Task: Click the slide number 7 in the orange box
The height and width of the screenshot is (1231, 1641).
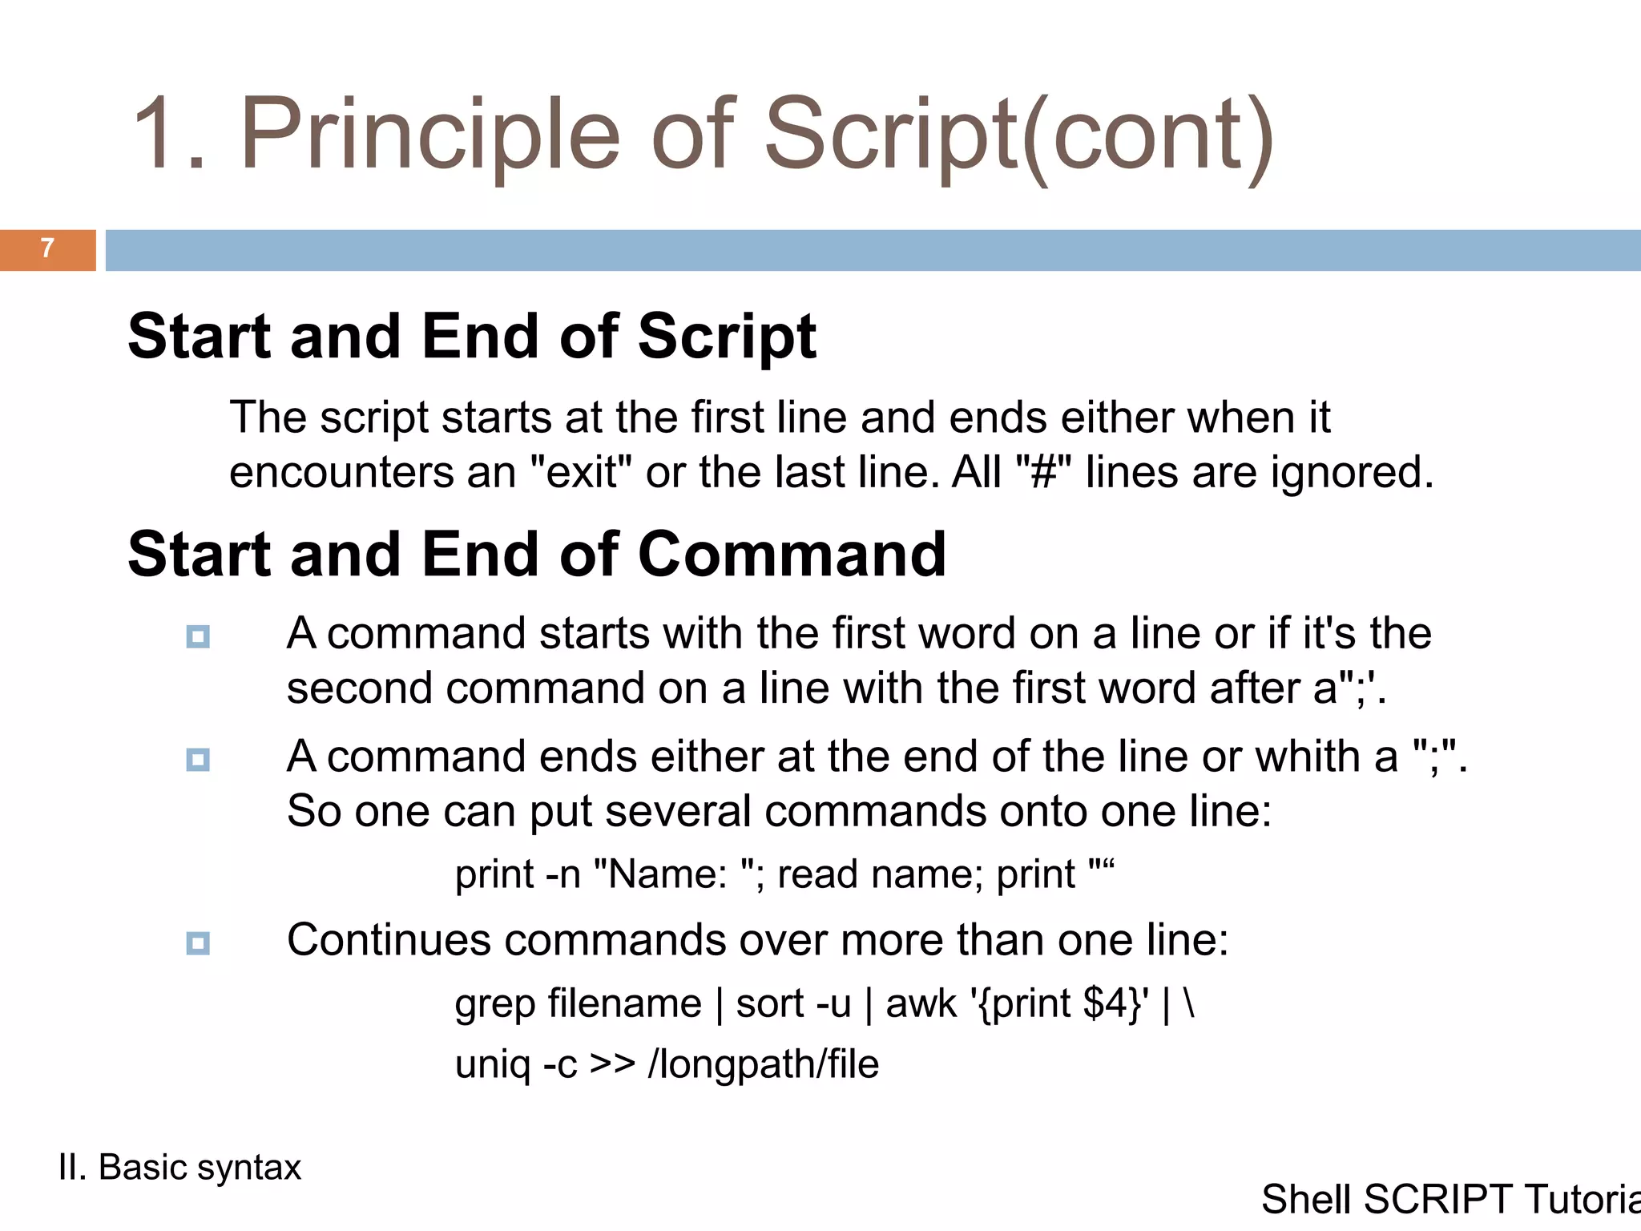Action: click(x=47, y=248)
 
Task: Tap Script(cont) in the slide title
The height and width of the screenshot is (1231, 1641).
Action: click(x=1018, y=134)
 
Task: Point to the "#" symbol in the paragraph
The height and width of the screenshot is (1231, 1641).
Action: click(x=1042, y=471)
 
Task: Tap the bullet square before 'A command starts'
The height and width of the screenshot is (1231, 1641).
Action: click(x=198, y=637)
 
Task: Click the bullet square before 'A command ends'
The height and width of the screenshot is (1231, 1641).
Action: click(x=198, y=760)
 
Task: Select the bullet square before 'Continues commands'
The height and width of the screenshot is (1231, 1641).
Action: click(x=198, y=943)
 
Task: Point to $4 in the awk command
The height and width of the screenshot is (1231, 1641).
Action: click(x=1105, y=1003)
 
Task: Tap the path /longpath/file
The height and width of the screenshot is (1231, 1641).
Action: click(x=763, y=1065)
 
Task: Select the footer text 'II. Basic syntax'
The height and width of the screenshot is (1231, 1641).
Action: click(x=179, y=1168)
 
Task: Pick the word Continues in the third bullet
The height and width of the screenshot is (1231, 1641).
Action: click(x=389, y=940)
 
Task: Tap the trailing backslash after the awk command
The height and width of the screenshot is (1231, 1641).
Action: click(x=1188, y=1003)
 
